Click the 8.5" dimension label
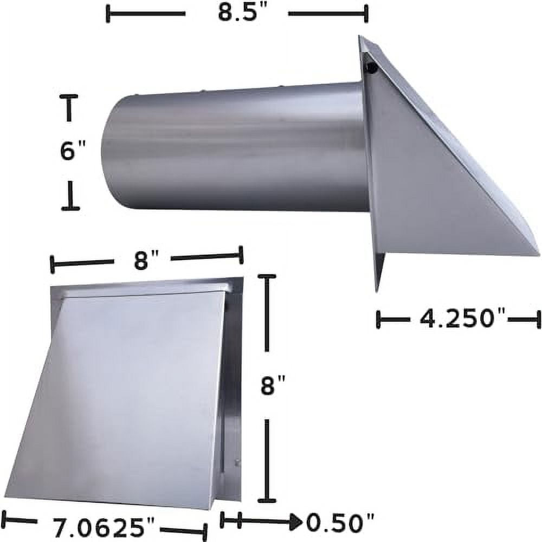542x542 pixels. [x=236, y=13]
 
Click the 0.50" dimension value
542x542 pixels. [x=340, y=523]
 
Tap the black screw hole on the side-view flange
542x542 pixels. [x=372, y=68]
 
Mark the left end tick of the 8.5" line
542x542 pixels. [x=108, y=14]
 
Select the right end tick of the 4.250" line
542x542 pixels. [x=539, y=319]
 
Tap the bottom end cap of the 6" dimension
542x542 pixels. [x=70, y=208]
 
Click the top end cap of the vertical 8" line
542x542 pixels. [x=267, y=276]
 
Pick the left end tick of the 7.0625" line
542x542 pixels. [x=4, y=519]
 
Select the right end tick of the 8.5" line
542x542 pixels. [x=367, y=14]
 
